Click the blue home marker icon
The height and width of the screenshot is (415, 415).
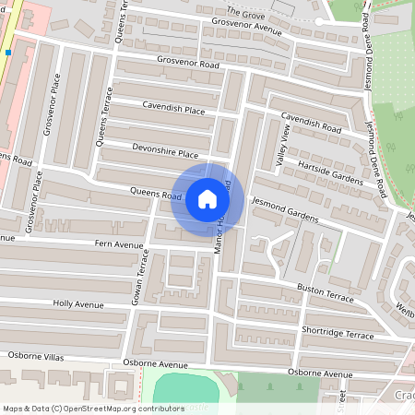pyautogui.click(x=207, y=199)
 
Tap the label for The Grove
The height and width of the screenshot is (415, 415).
pyautogui.click(x=245, y=13)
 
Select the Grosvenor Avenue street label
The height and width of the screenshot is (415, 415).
pyautogui.click(x=245, y=27)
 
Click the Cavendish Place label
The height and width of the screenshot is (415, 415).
pyautogui.click(x=173, y=109)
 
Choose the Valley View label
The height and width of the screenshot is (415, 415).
pyautogui.click(x=283, y=147)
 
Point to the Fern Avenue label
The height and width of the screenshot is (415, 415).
pyautogui.click(x=119, y=245)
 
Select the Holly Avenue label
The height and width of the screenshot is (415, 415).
pyautogui.click(x=78, y=303)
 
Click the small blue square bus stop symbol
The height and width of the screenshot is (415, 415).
pyautogui.click(x=7, y=53)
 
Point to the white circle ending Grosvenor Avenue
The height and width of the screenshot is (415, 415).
pyautogui.click(x=319, y=21)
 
